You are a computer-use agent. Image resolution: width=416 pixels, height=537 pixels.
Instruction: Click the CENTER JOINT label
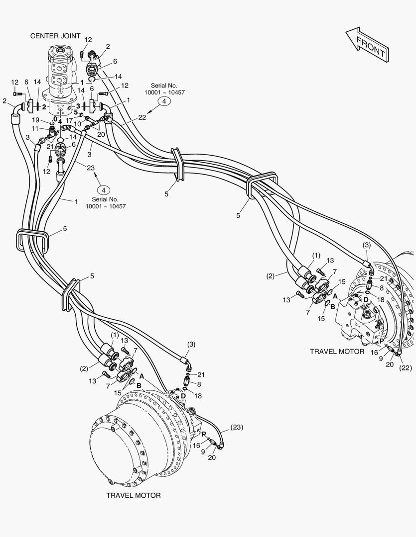(55, 36)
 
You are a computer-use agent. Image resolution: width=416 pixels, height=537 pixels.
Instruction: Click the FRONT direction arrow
(368, 45)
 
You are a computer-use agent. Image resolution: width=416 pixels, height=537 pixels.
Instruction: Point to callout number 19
(36, 120)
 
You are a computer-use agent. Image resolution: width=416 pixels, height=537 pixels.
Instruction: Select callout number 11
(35, 128)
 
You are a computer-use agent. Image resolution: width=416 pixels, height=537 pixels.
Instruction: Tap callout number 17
(69, 120)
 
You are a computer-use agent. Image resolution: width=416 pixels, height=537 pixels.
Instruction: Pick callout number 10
(78, 124)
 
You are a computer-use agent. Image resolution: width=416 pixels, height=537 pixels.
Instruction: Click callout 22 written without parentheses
(142, 117)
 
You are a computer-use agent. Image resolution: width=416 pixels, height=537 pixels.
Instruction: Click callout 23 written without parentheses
(91, 168)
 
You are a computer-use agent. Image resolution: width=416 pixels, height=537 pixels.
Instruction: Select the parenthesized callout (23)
(237, 427)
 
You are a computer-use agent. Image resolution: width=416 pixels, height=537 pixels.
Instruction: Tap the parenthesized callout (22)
(406, 368)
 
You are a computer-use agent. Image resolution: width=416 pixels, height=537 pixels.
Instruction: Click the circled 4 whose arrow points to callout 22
(164, 101)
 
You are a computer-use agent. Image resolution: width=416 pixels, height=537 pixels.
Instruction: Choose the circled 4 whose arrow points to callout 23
(104, 190)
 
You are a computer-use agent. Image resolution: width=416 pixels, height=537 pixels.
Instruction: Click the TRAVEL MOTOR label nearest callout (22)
(337, 352)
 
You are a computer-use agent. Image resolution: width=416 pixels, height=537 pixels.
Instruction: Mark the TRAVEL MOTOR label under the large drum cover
(133, 495)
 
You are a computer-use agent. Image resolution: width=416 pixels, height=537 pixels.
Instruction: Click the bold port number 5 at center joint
(76, 112)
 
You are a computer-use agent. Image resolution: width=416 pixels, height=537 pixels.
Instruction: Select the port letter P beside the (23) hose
(204, 434)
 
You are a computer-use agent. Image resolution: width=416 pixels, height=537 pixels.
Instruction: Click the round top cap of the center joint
(61, 52)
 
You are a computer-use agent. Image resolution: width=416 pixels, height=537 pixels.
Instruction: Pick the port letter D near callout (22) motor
(366, 300)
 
